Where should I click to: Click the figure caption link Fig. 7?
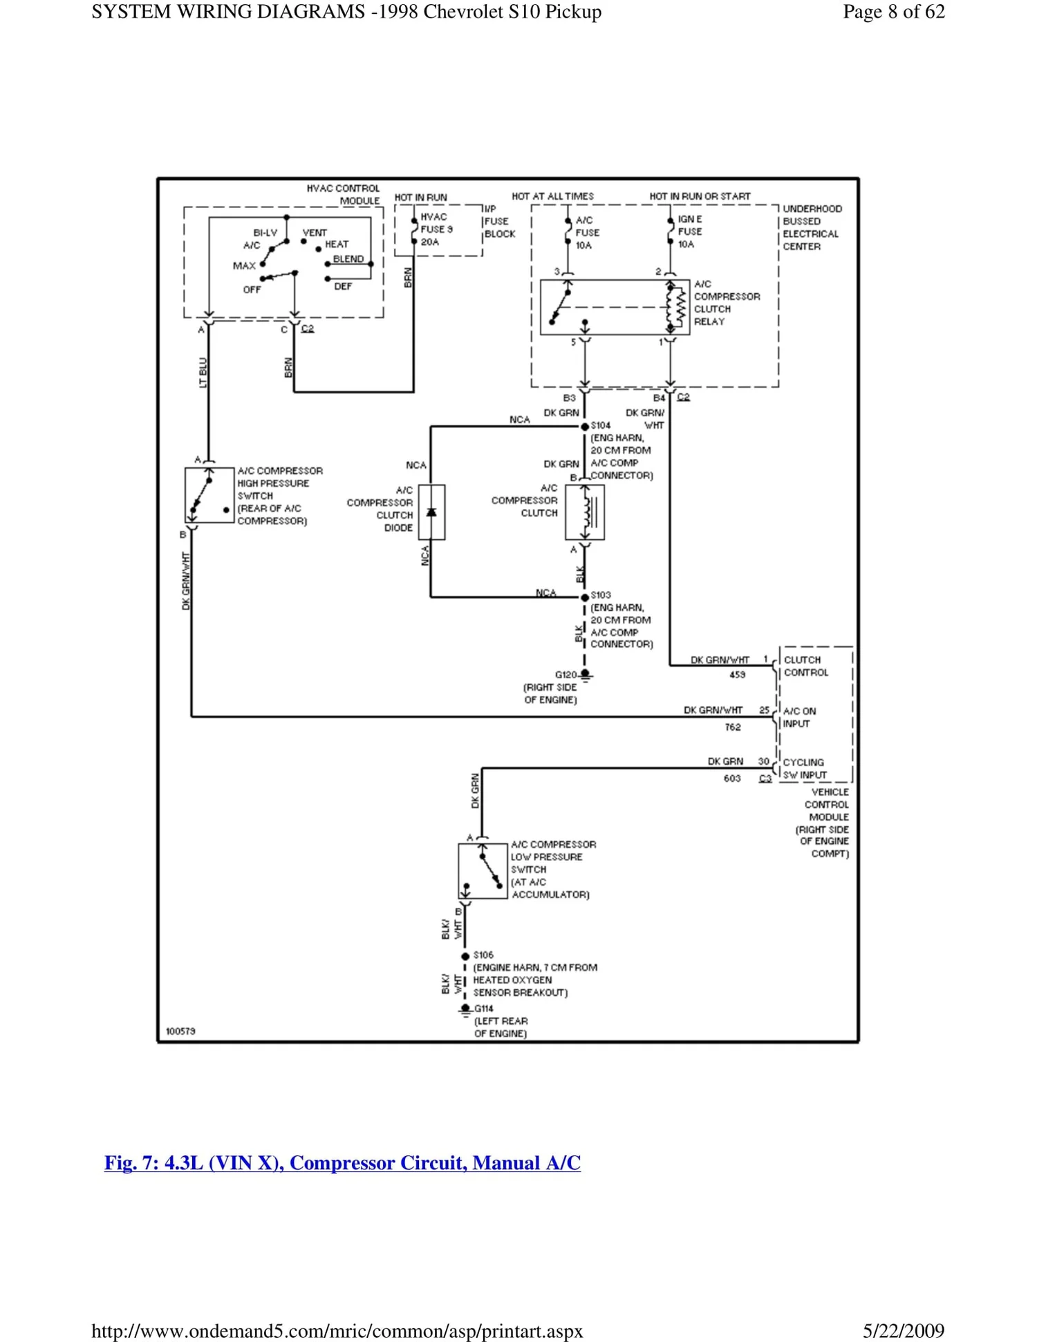342,1163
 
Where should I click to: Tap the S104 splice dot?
585,427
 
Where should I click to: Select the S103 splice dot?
585,597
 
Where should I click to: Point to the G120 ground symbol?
586,675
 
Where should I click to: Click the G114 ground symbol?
465,1009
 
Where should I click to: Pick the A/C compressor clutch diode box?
431,512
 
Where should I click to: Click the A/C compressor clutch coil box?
585,512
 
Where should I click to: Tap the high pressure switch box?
209,495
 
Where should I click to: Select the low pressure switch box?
483,871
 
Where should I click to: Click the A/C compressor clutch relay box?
614,308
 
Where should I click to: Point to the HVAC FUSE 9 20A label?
436,230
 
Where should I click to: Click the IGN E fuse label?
689,232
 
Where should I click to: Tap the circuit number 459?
737,675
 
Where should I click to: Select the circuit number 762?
733,727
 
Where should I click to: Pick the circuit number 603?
732,779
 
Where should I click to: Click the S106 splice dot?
465,956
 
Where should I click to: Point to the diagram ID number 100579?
180,1032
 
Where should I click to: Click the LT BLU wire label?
203,373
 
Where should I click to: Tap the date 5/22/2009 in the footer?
903,1331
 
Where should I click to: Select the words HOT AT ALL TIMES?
552,196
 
